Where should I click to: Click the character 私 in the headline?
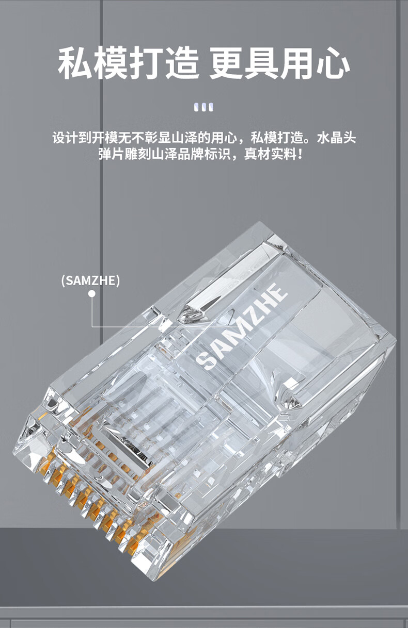[x=75, y=63]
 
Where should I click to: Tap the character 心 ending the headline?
[x=333, y=63]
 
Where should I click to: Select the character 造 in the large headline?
[x=182, y=63]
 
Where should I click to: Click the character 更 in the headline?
[x=226, y=63]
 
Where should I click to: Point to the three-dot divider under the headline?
[x=204, y=107]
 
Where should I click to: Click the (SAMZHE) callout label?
[x=90, y=280]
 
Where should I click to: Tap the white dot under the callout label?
[x=92, y=294]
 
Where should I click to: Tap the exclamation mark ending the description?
[x=300, y=154]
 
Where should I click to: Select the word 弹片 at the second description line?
[x=112, y=154]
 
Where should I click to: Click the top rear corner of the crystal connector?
[x=260, y=222]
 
